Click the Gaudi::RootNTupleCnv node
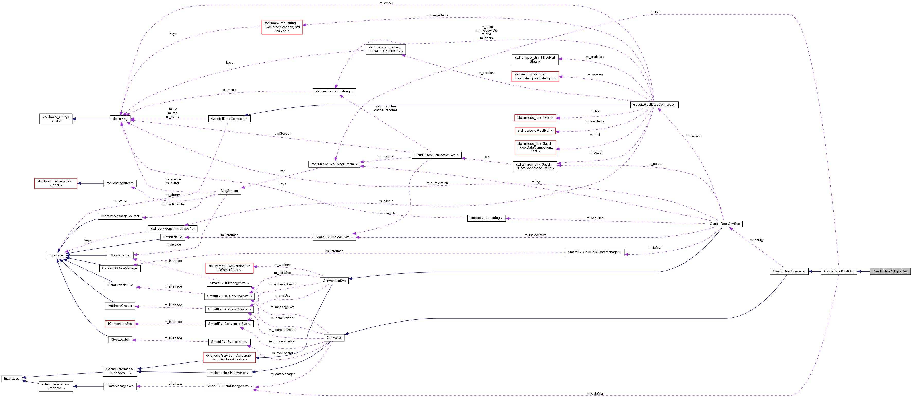pos(890,271)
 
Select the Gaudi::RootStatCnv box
pos(839,271)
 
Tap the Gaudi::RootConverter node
pos(789,271)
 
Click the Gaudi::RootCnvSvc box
pos(724,224)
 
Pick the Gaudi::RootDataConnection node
pos(654,105)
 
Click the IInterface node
pos(56,255)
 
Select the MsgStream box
pos(229,191)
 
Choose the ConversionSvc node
pos(334,281)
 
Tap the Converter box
pos(334,338)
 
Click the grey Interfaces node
pos(11,378)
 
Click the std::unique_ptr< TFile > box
pos(535,118)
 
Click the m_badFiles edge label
pos(595,218)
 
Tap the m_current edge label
pos(693,136)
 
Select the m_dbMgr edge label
pos(757,240)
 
